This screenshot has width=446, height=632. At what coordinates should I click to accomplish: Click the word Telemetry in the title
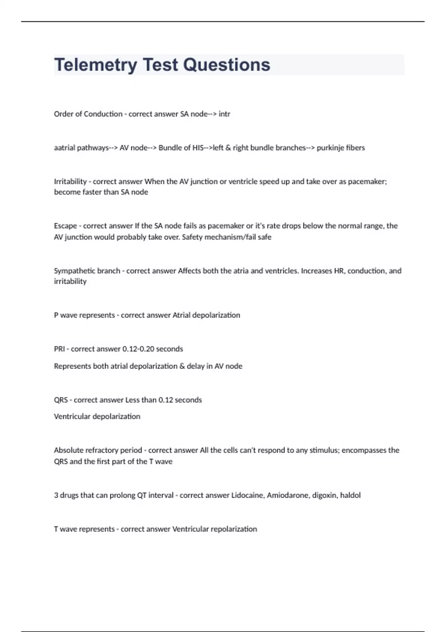96,65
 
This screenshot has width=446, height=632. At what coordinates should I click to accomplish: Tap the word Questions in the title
226,65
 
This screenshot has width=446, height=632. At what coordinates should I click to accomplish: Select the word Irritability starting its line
70,181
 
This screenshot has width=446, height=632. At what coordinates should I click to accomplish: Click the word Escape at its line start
65,226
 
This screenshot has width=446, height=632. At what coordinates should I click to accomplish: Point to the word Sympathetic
74,271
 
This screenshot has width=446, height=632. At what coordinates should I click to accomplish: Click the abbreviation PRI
59,349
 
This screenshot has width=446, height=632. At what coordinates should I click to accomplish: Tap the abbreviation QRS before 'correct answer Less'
61,400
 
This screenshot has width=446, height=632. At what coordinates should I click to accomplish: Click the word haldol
350,495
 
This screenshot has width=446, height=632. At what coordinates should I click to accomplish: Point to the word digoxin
324,495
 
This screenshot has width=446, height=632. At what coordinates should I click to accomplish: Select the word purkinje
330,148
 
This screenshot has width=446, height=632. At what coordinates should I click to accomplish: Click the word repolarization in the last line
234,529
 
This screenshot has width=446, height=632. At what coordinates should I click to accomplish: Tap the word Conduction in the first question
103,114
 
